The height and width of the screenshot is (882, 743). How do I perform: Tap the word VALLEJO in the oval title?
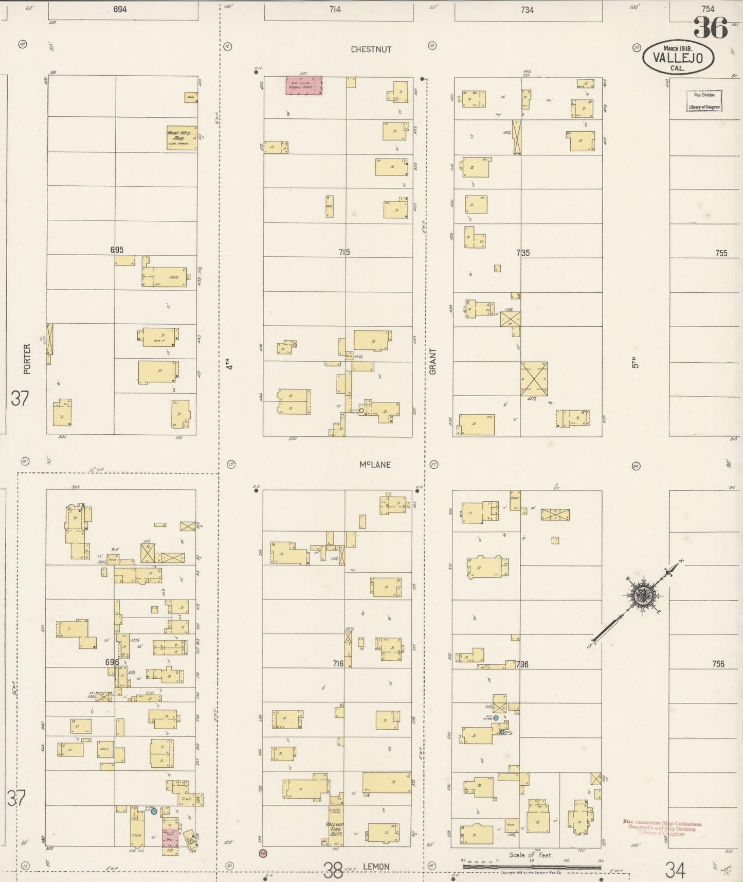click(x=678, y=58)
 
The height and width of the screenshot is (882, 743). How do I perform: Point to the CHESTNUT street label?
click(x=371, y=49)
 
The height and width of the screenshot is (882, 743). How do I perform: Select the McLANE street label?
click(x=375, y=465)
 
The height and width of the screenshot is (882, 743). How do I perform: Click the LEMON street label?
click(x=376, y=867)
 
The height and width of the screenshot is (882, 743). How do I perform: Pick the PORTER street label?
click(x=27, y=359)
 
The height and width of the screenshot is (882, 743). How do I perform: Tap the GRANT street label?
click(x=432, y=361)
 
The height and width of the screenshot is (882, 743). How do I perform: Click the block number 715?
click(x=344, y=252)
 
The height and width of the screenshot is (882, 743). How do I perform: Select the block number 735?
click(x=522, y=253)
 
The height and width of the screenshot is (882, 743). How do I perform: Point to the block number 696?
click(x=112, y=662)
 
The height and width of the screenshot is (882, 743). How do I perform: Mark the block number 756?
click(x=718, y=664)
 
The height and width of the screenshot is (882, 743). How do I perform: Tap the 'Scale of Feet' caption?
click(x=531, y=855)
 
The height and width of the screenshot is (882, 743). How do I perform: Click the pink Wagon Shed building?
click(x=304, y=85)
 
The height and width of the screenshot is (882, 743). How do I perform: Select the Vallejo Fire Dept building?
click(x=336, y=827)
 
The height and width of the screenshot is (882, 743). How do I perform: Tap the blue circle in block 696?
click(x=154, y=811)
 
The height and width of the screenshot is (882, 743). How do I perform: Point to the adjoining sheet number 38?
click(x=333, y=870)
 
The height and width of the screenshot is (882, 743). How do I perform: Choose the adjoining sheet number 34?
click(x=675, y=870)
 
